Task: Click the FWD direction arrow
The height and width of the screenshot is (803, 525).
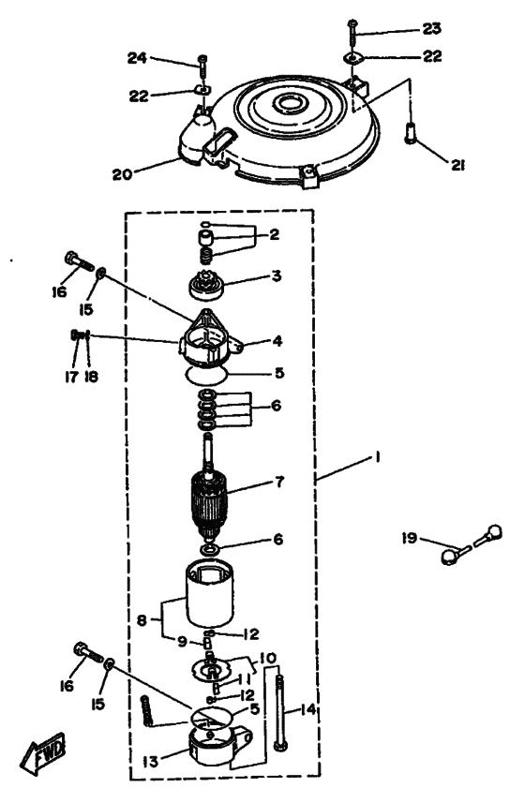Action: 43,753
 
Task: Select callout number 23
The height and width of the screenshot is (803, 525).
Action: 431,28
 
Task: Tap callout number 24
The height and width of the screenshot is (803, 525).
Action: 137,58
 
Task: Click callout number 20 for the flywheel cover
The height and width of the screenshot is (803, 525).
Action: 123,174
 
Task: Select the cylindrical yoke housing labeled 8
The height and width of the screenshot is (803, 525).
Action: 209,594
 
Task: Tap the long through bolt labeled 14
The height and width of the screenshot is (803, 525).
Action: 278,713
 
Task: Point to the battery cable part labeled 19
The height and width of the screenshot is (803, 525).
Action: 472,544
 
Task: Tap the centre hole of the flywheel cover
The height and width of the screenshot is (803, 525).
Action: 291,103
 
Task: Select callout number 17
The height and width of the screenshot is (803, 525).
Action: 71,377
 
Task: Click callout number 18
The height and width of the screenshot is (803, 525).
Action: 91,377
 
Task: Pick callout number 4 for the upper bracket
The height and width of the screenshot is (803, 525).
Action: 277,340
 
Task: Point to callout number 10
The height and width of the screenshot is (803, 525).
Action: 268,658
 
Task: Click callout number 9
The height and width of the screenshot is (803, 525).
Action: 182,642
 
